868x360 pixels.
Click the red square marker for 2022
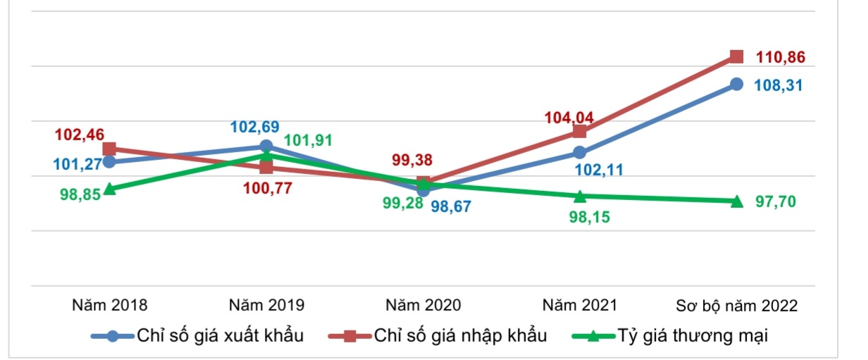pos(736,56)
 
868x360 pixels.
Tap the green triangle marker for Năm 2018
pos(109,190)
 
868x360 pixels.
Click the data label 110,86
pos(780,58)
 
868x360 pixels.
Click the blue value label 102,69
pos(255,128)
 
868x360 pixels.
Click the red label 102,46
pos(80,133)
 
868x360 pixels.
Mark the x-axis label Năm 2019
pos(267,306)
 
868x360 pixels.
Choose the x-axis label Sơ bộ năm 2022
pos(736,306)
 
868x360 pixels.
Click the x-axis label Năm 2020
pos(423,306)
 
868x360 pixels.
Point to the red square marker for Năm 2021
pos(580,132)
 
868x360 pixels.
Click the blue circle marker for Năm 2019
pos(266,146)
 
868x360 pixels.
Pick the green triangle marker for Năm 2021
pos(580,196)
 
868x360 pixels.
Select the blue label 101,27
pos(77,166)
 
